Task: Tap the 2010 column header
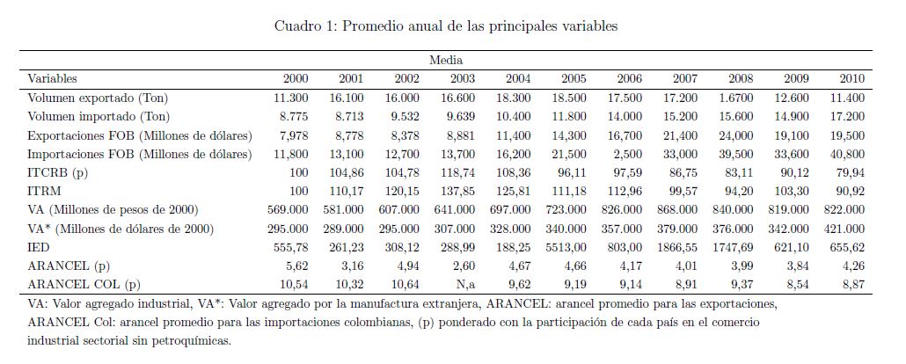pyautogui.click(x=852, y=78)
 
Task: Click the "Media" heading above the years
pyautogui.click(x=446, y=60)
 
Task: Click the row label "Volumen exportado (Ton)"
pyautogui.click(x=98, y=98)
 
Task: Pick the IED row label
pyautogui.click(x=39, y=248)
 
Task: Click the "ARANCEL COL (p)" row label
pyautogui.click(x=84, y=285)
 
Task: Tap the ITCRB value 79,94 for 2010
pyautogui.click(x=851, y=172)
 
